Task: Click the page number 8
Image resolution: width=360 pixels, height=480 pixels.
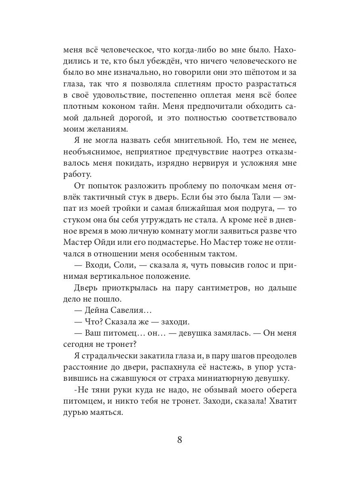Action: pyautogui.click(x=180, y=440)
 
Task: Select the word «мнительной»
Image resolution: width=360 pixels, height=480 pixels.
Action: pyautogui.click(x=196, y=141)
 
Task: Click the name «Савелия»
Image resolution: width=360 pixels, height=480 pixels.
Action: pyautogui.click(x=129, y=310)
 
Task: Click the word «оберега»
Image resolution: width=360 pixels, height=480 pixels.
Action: pyautogui.click(x=277, y=390)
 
